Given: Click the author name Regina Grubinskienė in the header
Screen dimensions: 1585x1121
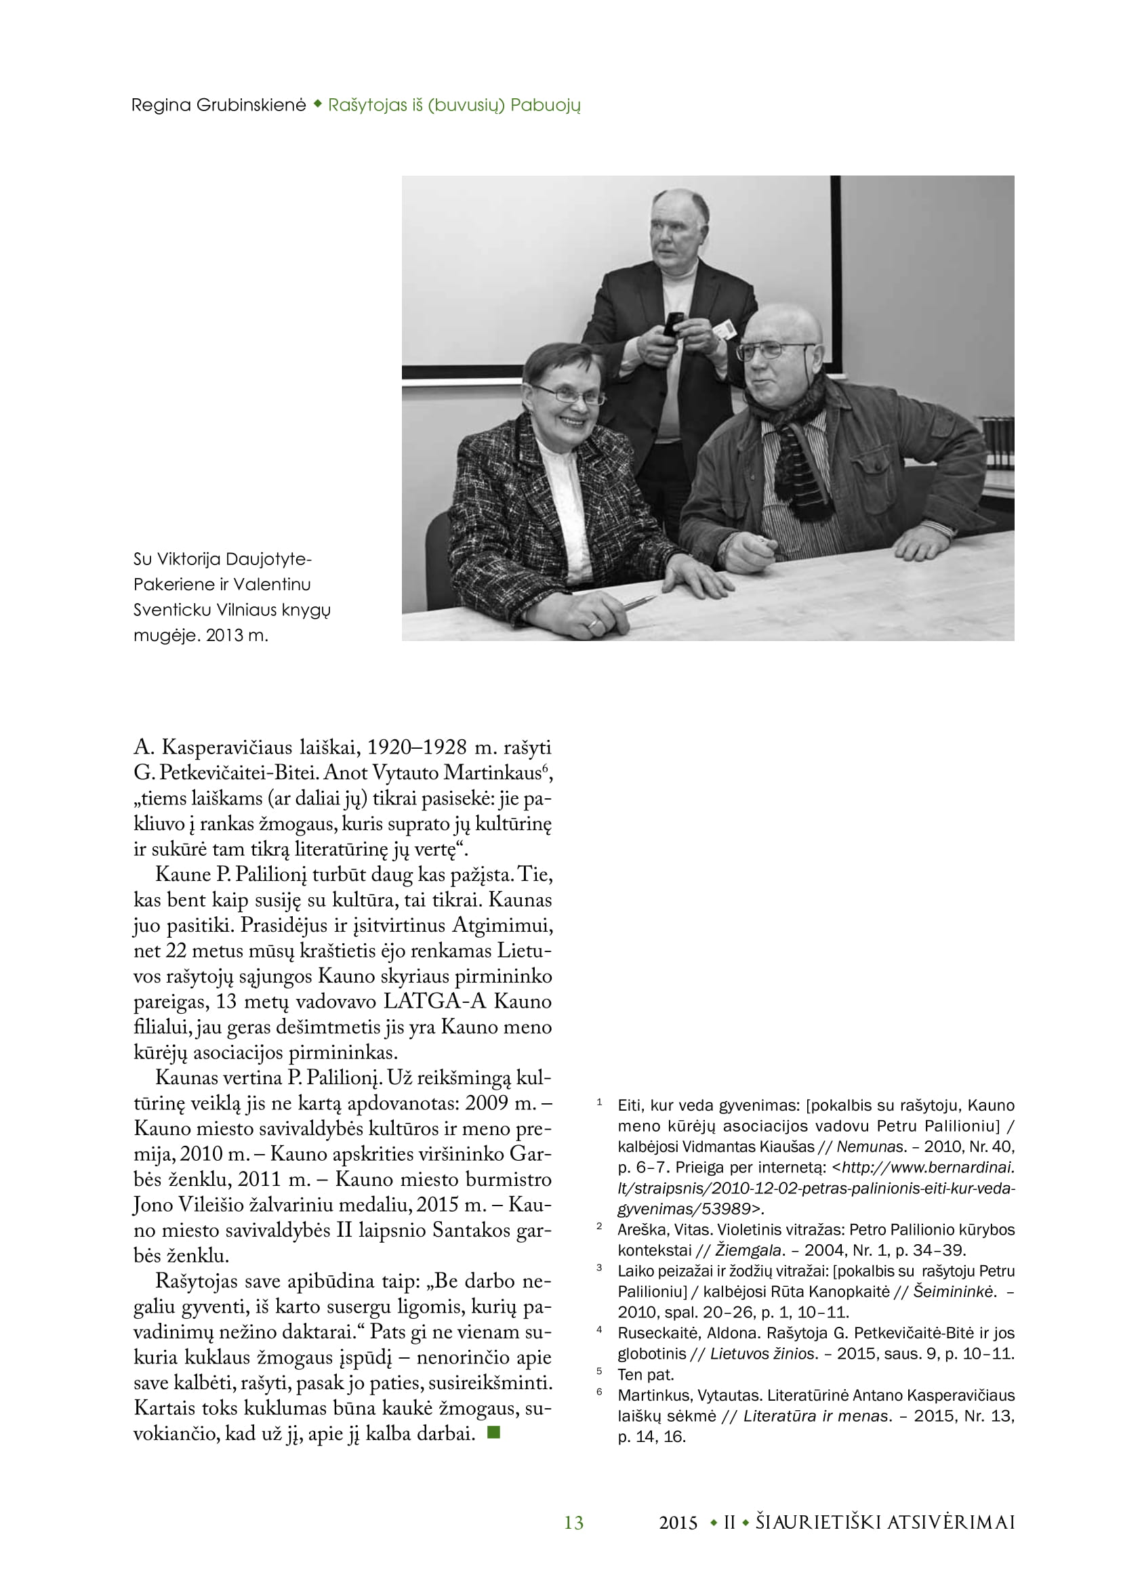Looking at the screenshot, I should coord(218,105).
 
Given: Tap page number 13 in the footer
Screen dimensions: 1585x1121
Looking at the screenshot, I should coord(573,1522).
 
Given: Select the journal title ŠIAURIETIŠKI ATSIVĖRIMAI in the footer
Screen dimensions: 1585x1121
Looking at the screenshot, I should coord(885,1522).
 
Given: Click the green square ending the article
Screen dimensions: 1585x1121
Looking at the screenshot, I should coord(493,1433).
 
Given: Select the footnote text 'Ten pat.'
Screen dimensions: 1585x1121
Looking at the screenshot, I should coord(645,1374).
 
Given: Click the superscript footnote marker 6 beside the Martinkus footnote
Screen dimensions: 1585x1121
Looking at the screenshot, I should coord(599,1393).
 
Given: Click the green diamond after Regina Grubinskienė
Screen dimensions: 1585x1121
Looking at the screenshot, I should coord(317,104).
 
